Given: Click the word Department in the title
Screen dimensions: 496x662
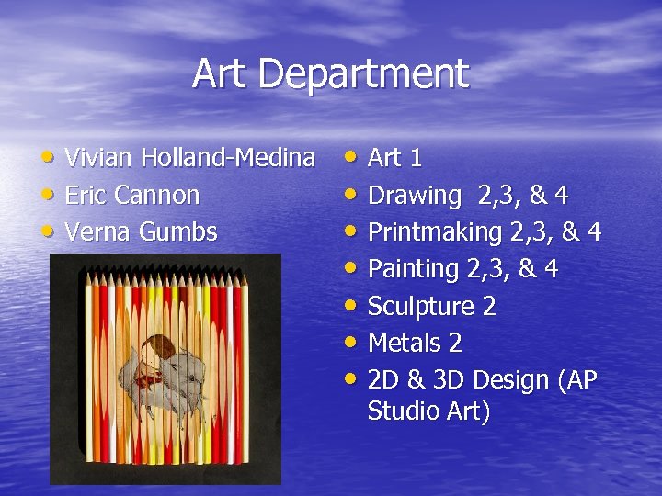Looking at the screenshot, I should tap(367, 74).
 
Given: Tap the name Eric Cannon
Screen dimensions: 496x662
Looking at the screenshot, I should tap(132, 195).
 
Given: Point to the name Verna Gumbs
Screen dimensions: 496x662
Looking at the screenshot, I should tap(142, 231).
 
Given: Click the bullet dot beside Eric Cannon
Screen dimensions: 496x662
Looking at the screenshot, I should tap(51, 194).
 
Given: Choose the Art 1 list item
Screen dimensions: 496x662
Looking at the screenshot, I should tap(394, 158).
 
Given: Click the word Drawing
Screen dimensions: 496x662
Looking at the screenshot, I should tap(414, 196).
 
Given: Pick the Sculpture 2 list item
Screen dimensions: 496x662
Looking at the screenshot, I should tap(431, 306).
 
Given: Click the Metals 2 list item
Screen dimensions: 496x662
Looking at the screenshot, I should tap(415, 343).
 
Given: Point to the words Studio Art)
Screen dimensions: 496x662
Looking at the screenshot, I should tap(428, 411).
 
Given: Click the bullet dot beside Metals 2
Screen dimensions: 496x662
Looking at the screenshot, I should tap(353, 342).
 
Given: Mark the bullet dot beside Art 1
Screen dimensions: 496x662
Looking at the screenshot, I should tap(353, 157).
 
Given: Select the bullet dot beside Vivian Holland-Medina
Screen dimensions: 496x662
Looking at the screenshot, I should tap(51, 157).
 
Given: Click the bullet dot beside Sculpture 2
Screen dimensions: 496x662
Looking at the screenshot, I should tap(353, 305).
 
